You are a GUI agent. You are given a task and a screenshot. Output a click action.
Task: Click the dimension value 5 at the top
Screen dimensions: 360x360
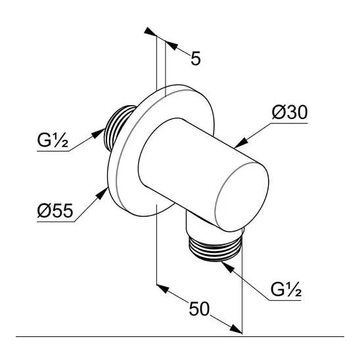pos(195,59)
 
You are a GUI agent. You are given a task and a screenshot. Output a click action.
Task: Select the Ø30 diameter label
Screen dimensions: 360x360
pos(290,113)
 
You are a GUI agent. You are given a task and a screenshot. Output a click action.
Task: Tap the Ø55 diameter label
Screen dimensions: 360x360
pos(55,212)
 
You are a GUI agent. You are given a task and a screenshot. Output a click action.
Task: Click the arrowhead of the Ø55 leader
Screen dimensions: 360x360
pos(108,191)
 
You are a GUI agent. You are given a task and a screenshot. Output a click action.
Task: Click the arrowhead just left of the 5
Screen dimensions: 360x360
pos(171,45)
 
